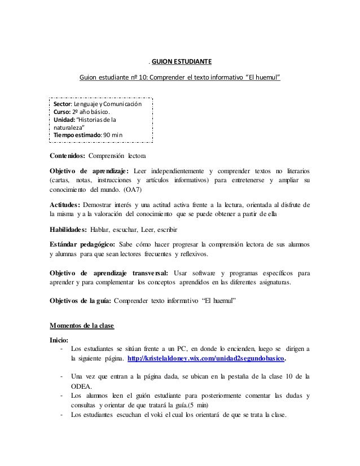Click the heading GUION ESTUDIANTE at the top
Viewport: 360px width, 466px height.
tap(179, 61)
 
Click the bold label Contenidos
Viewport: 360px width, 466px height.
tap(69, 156)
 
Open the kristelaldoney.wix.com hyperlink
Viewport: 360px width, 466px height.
tap(207, 358)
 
